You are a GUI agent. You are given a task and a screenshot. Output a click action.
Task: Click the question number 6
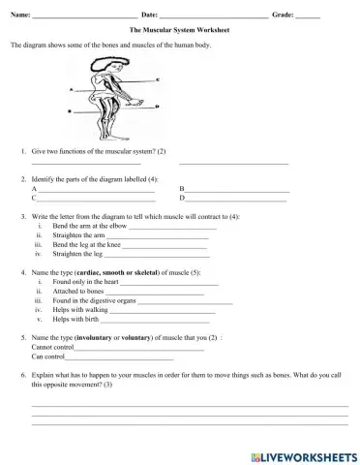22,374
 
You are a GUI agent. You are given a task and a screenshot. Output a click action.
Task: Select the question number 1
22,152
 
